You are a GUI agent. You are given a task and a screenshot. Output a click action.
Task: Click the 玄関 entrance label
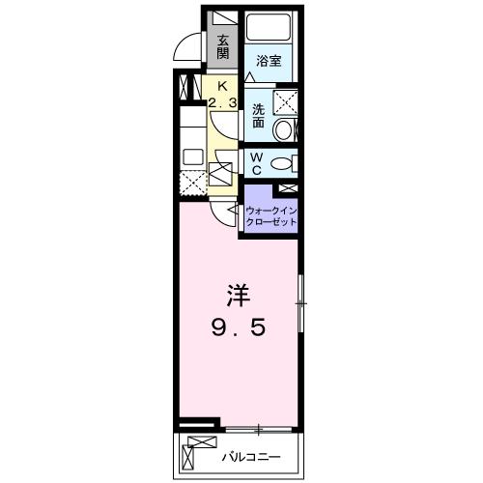point(223,45)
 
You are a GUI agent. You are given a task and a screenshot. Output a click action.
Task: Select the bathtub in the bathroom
point(270,29)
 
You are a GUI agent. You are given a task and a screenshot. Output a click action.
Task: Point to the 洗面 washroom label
point(258,116)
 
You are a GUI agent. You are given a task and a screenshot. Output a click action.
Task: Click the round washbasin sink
point(285,130)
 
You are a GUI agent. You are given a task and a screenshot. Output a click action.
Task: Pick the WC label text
point(258,161)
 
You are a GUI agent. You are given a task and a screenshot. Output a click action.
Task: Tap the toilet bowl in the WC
point(283,163)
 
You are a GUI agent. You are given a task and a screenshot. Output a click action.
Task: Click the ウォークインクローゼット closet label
point(270,217)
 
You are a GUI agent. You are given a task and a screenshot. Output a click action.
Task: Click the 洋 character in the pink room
point(239,292)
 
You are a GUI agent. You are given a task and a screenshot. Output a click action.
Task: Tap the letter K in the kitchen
point(223,85)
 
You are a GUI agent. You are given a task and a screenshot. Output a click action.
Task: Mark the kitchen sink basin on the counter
point(190,155)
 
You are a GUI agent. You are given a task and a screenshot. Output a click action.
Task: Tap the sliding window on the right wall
point(300,303)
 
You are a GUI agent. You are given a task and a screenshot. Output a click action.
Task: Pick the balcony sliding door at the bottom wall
point(258,427)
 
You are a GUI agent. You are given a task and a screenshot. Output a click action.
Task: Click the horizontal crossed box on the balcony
point(203,445)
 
